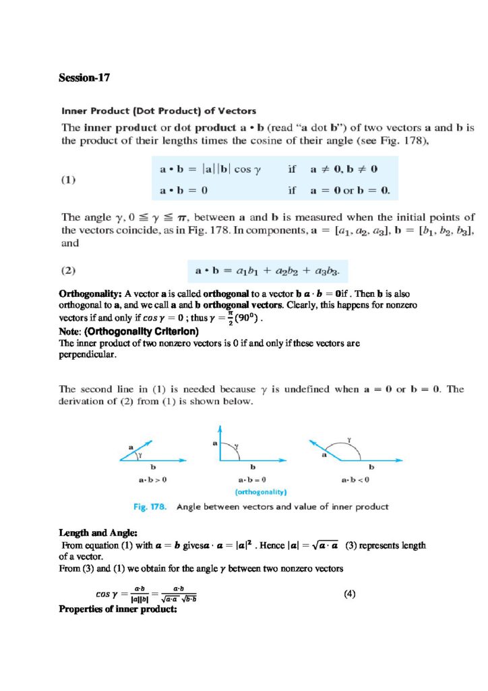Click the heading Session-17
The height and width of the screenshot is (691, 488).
(x=84, y=78)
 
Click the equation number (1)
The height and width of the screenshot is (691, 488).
(x=69, y=180)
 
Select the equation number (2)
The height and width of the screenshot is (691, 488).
(x=69, y=271)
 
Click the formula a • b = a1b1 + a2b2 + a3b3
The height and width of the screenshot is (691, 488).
(x=267, y=271)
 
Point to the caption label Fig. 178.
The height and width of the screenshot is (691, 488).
(x=149, y=507)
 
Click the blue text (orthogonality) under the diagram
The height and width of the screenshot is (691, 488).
(x=252, y=492)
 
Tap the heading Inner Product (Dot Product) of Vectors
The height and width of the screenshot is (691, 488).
(x=159, y=110)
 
